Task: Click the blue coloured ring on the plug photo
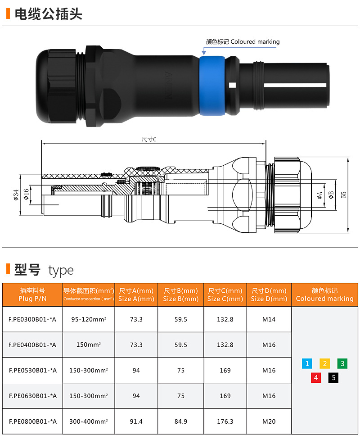click(212, 86)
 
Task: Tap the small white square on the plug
click(232, 85)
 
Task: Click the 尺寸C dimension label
click(148, 139)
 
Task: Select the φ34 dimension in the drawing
click(16, 195)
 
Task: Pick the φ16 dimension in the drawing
click(26, 194)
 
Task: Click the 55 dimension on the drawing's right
click(343, 195)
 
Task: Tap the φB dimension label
click(331, 195)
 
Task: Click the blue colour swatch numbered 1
click(307, 363)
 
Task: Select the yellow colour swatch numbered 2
click(324, 363)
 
